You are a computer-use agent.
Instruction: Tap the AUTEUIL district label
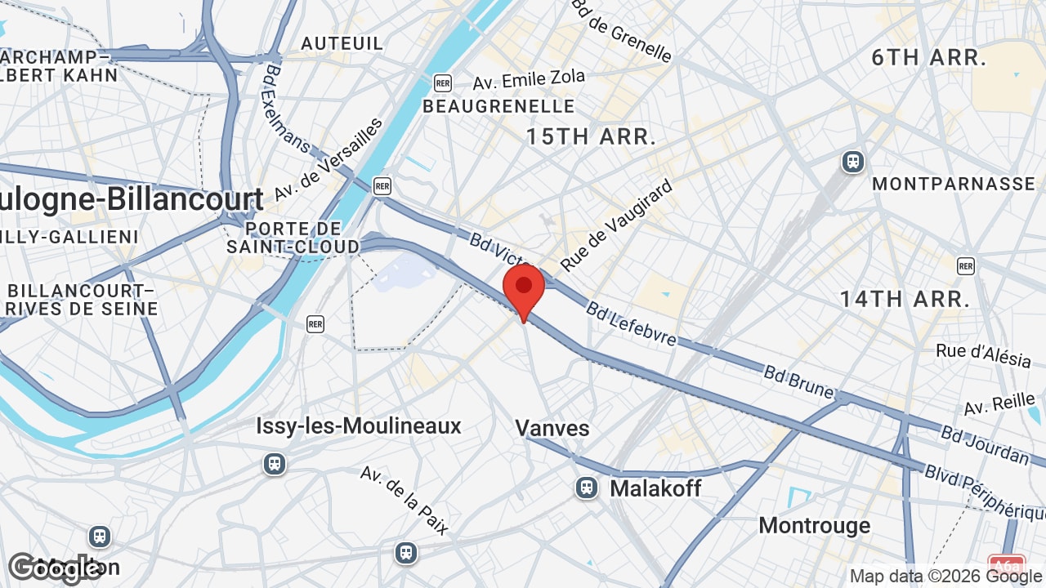coord(342,43)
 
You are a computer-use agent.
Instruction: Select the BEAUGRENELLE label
coord(498,106)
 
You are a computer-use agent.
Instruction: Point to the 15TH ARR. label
coord(591,136)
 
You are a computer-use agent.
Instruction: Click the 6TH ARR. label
coord(928,57)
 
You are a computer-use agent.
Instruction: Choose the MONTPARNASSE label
coord(954,184)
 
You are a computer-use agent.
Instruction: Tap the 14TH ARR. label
coord(905,299)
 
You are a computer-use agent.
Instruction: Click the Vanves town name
coord(552,428)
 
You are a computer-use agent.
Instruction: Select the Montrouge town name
coord(815,525)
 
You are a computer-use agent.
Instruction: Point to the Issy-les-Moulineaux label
coord(359,425)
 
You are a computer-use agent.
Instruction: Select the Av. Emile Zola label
coord(529,80)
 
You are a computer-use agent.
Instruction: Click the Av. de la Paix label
coord(405,500)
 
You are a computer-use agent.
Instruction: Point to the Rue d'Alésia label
coord(983,354)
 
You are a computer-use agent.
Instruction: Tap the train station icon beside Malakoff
coord(586,488)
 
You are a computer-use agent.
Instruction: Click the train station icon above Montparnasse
coord(853,162)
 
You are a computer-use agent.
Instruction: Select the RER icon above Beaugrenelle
coord(443,82)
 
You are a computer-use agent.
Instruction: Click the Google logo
coord(54,568)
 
